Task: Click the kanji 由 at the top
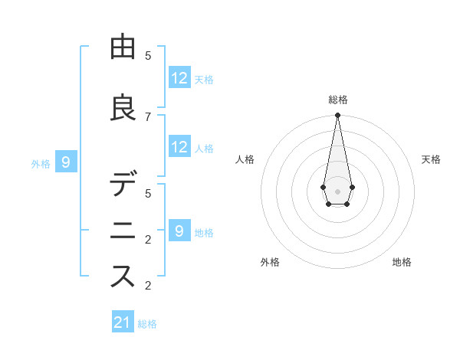(123, 47)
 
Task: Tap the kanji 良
(123, 108)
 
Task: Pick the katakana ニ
(123, 230)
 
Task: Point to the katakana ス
(123, 275)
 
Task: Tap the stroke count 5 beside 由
(148, 55)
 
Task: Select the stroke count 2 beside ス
(148, 286)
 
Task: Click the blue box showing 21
(123, 322)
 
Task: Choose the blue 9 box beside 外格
(66, 162)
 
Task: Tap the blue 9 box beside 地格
(179, 230)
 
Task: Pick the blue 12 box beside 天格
(179, 77)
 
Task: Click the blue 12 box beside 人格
(179, 147)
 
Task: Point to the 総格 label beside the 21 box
(147, 324)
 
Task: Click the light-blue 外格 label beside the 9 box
(41, 163)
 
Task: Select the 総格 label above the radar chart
(337, 100)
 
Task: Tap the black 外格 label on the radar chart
(270, 262)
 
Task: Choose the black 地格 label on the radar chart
(402, 262)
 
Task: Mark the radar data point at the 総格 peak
(337, 116)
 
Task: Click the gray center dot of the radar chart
(337, 191)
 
